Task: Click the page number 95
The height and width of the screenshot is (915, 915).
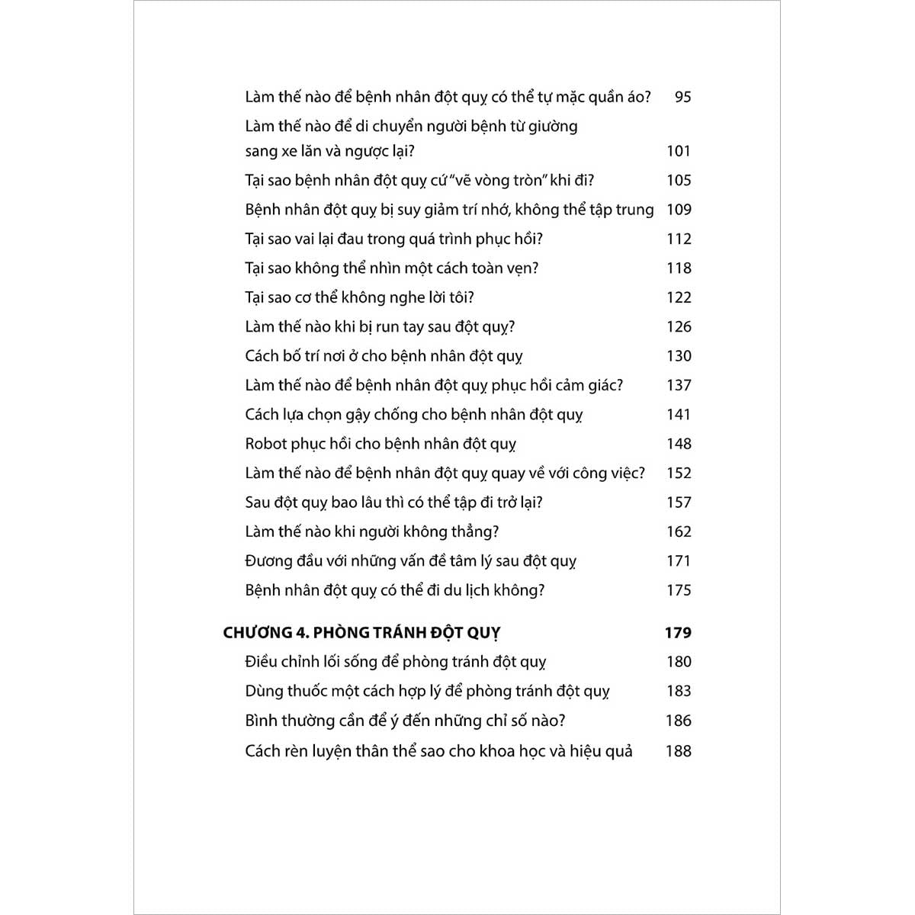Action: click(x=682, y=97)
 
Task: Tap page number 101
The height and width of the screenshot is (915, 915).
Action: click(x=678, y=151)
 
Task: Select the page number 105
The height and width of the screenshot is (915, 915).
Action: click(x=678, y=180)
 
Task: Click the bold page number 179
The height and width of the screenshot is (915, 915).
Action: click(x=677, y=632)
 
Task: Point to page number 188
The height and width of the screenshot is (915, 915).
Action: click(x=678, y=751)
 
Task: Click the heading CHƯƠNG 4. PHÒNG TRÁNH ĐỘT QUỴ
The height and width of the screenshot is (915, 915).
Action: click(x=361, y=633)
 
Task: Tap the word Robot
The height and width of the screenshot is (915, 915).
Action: click(x=266, y=444)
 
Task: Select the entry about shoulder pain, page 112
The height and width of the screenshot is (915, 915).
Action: click(x=393, y=239)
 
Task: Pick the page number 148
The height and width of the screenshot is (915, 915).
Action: click(x=678, y=444)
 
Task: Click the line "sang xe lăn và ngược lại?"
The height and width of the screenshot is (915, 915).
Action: click(x=329, y=151)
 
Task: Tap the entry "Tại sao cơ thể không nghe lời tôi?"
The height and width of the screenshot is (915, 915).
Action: click(x=364, y=297)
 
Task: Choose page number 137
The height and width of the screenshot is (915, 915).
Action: click(x=678, y=385)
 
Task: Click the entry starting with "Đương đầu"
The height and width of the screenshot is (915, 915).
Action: click(x=410, y=561)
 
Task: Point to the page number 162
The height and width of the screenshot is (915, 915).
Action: click(x=678, y=531)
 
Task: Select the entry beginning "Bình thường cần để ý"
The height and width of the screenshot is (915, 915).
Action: click(x=405, y=721)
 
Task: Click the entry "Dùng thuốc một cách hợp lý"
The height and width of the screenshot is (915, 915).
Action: click(x=427, y=692)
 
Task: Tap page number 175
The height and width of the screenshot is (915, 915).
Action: click(x=678, y=590)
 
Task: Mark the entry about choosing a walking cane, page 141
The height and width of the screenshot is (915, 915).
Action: click(x=413, y=415)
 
